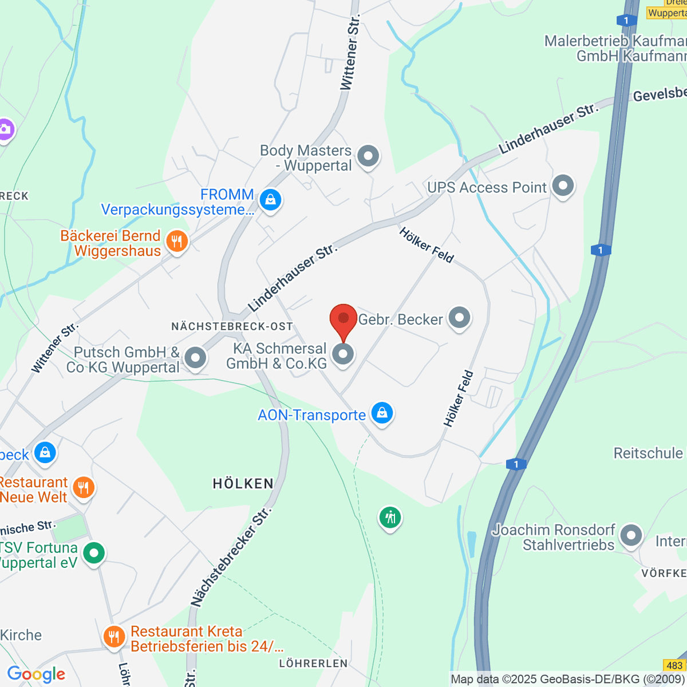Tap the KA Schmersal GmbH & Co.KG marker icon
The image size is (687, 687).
pyautogui.click(x=343, y=354)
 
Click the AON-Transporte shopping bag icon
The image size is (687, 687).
pyautogui.click(x=382, y=413)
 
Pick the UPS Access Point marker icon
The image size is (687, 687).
pyautogui.click(x=563, y=186)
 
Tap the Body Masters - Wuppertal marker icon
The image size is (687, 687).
pyautogui.click(x=368, y=156)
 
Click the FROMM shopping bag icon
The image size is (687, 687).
pyautogui.click(x=270, y=200)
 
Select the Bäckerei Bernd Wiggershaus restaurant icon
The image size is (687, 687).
pyautogui.click(x=177, y=242)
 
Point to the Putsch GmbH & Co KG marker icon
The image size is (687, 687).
pyautogui.click(x=196, y=358)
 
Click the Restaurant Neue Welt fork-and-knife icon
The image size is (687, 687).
pyautogui.click(x=84, y=488)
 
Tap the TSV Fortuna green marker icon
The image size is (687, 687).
pyautogui.click(x=94, y=553)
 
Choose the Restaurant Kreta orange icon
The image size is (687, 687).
pyautogui.click(x=114, y=637)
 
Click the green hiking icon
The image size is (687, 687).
pyautogui.click(x=390, y=518)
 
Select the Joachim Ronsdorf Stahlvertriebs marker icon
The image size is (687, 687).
pyautogui.click(x=631, y=536)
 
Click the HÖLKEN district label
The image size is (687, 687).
pyautogui.click(x=243, y=484)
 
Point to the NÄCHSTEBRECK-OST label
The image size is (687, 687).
pyautogui.click(x=232, y=326)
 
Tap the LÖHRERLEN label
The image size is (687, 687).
pyautogui.click(x=313, y=664)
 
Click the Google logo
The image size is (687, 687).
pyautogui.click(x=36, y=674)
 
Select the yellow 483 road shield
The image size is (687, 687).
pyautogui.click(x=674, y=665)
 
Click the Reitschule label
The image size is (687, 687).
pyautogui.click(x=648, y=453)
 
